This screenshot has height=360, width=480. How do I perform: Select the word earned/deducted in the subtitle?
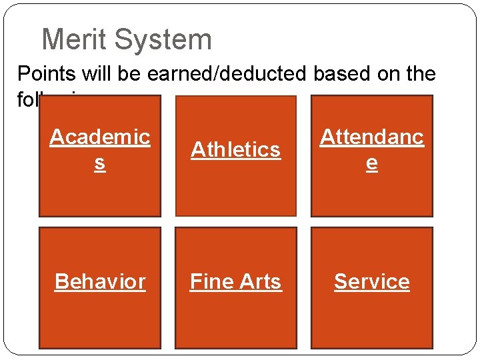click(224, 73)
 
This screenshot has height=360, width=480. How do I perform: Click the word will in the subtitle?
click(95, 73)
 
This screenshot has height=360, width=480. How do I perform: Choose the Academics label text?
click(100, 149)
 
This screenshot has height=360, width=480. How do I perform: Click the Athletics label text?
click(236, 149)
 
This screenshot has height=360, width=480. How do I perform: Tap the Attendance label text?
click(372, 149)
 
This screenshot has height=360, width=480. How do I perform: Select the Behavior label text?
click(100, 281)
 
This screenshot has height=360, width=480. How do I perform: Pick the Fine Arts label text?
click(236, 281)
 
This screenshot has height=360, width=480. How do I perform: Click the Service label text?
click(372, 281)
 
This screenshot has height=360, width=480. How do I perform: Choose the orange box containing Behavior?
click(100, 320)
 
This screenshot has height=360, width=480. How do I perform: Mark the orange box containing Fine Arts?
click(236, 320)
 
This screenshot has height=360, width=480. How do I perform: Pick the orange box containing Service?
click(372, 320)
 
